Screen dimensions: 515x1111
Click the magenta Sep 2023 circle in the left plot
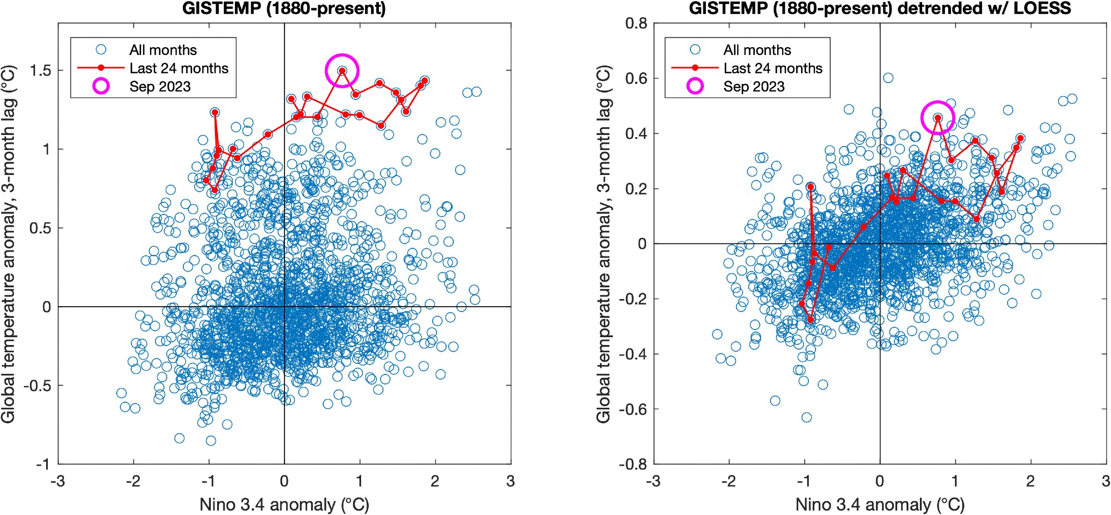342,71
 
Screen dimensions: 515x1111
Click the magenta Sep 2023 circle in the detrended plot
938,118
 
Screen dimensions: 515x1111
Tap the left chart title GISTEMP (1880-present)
284,9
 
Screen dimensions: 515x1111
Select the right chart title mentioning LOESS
880,9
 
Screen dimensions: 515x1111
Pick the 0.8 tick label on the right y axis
636,23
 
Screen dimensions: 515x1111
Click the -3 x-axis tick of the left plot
58,481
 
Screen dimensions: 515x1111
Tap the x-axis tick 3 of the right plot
1106,481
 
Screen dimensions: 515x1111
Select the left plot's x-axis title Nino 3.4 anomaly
284,504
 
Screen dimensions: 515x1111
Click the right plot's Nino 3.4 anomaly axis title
880,504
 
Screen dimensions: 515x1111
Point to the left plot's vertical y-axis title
9,244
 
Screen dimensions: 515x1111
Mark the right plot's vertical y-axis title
604,244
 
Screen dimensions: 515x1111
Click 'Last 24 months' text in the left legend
179,68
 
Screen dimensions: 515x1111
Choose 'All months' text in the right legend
757,50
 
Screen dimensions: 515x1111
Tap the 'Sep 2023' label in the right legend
754,87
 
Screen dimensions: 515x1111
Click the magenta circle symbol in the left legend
101,86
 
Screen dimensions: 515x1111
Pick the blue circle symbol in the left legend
101,49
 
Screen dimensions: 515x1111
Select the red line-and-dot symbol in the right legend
695,68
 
